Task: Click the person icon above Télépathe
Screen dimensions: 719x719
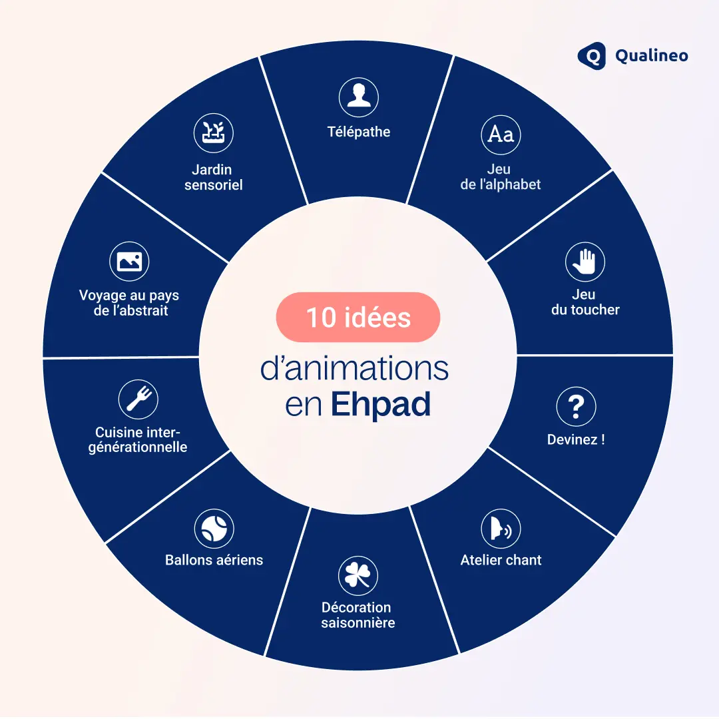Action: pos(359,97)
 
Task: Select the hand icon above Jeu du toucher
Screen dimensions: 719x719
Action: pos(585,262)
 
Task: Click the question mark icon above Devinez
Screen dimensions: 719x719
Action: pos(576,407)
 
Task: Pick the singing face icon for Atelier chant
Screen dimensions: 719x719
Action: pos(501,529)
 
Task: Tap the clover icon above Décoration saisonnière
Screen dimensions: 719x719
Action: pos(358,576)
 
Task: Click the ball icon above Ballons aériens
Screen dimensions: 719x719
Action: pos(214,529)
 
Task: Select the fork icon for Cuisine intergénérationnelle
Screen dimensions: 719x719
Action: pos(138,399)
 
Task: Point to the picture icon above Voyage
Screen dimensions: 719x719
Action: pos(129,262)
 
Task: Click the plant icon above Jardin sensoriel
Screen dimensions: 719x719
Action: pos(213,132)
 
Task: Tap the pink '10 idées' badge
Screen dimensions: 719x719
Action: pos(358,318)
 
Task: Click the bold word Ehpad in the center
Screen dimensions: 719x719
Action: pos(381,404)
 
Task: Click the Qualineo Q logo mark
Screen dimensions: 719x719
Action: pos(591,56)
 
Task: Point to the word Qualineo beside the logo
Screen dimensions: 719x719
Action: pos(651,56)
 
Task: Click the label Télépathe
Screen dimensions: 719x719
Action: pos(359,132)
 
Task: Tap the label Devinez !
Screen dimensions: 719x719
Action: pos(576,439)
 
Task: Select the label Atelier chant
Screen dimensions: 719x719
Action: pos(501,560)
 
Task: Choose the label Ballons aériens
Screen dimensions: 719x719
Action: pos(214,560)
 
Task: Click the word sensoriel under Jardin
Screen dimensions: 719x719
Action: pos(213,185)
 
